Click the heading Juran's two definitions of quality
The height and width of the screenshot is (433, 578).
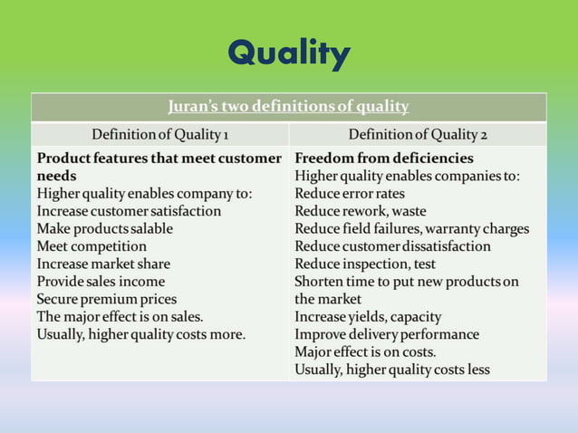pos(288,107)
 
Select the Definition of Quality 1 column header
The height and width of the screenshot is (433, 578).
pos(159,135)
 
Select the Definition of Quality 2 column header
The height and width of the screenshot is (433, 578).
pos(418,135)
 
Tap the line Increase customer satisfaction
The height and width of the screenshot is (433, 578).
pos(129,210)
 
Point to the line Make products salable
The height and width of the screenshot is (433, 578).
pos(104,228)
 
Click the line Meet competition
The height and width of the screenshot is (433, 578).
pos(92,245)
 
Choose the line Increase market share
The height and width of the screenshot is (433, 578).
pos(103,264)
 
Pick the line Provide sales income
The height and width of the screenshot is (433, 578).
pos(101,281)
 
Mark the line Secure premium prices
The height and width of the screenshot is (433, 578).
pos(107,299)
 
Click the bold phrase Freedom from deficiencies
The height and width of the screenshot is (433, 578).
pos(384,158)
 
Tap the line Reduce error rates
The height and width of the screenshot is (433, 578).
pos(350,193)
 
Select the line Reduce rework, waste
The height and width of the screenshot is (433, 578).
pos(360,210)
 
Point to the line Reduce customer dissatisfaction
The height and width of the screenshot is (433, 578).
pos(392,245)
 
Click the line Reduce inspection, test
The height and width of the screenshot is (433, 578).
pos(365,264)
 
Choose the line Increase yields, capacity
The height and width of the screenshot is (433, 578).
pos(368,316)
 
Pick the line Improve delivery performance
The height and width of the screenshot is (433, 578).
pos(387,334)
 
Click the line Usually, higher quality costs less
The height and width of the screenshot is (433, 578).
pos(392,369)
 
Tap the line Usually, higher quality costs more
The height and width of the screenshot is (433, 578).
pos(140,334)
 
